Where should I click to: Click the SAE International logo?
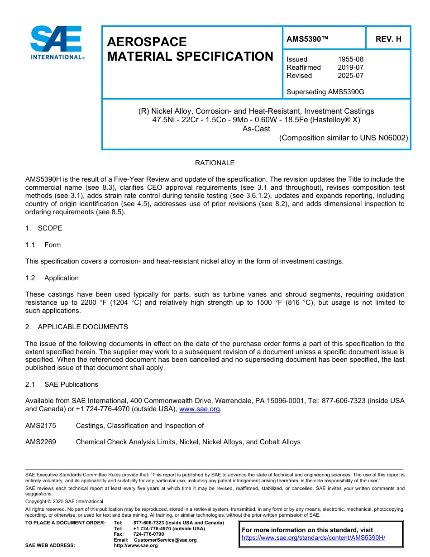(x=57, y=43)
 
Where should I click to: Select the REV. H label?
(x=388, y=39)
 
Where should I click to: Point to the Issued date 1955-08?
(x=350, y=59)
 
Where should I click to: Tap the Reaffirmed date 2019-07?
(x=350, y=67)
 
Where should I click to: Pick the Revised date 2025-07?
(x=350, y=76)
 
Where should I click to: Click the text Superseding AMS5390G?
(x=325, y=92)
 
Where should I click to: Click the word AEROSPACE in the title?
(x=147, y=42)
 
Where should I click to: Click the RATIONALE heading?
(x=215, y=163)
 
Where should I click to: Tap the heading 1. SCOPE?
(x=44, y=228)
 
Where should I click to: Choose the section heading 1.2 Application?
(x=52, y=278)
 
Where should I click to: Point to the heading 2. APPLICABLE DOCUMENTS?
(x=76, y=327)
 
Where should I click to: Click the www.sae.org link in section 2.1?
(x=200, y=409)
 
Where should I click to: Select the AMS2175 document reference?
(x=41, y=426)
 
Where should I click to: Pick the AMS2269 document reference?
(x=41, y=442)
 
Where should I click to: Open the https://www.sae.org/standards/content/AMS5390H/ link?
(x=313, y=538)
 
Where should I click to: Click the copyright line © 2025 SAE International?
(x=64, y=501)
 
